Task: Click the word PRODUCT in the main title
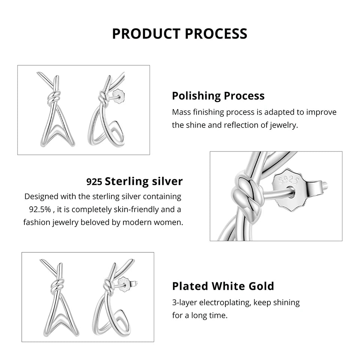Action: click(x=144, y=33)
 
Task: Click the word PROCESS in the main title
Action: click(x=214, y=33)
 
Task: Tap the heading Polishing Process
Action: click(x=218, y=96)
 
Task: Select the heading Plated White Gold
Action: click(x=223, y=286)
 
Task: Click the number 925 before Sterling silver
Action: click(x=94, y=182)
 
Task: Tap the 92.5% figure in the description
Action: click(x=40, y=209)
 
